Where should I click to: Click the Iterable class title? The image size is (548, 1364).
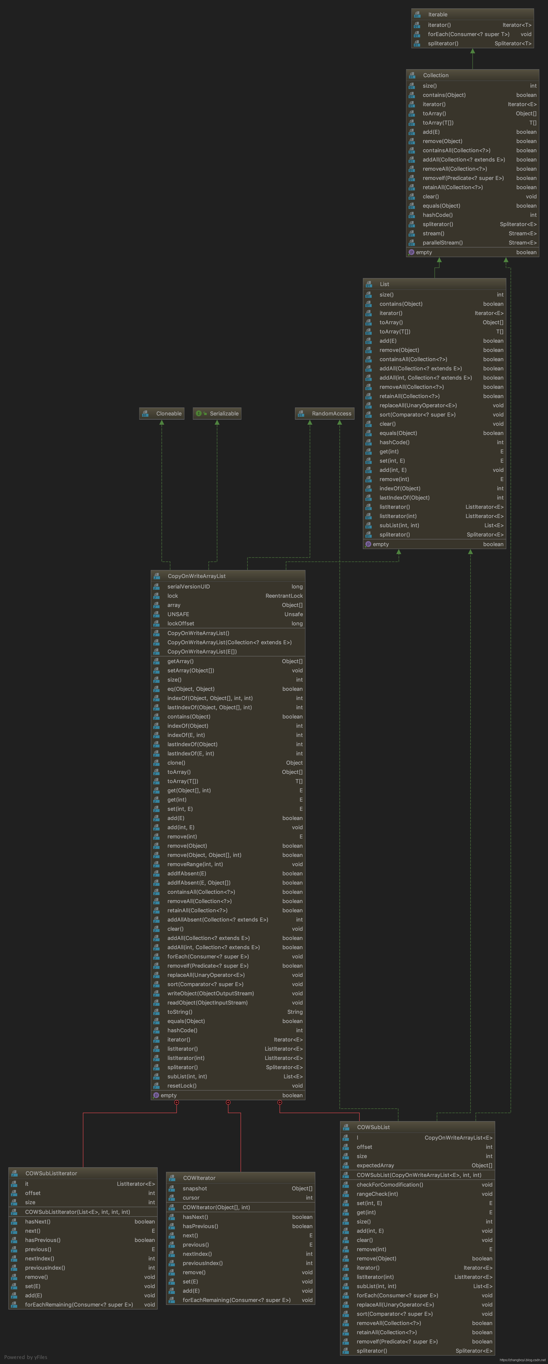click(438, 14)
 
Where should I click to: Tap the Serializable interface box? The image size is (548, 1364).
click(217, 414)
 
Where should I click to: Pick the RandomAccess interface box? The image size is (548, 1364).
click(325, 414)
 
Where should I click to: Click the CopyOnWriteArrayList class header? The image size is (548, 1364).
click(196, 576)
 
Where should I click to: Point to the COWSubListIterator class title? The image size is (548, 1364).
click(51, 1173)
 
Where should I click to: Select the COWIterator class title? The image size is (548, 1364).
click(199, 1178)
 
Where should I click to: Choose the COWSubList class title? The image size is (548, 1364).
click(373, 1127)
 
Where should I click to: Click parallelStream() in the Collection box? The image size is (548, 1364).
click(443, 242)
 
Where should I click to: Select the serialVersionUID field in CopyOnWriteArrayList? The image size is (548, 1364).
click(188, 587)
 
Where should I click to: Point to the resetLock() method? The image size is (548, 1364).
click(182, 1085)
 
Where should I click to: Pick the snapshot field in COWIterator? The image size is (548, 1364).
click(195, 1189)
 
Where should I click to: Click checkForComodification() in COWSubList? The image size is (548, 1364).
click(390, 1185)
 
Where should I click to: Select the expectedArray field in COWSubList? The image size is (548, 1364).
click(375, 1165)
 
